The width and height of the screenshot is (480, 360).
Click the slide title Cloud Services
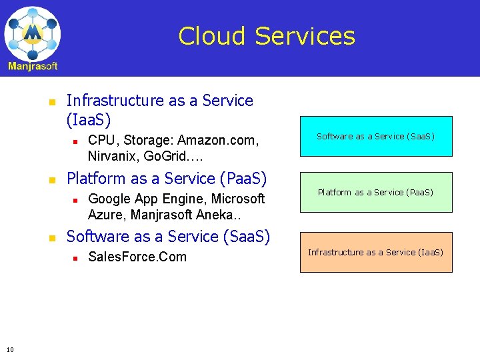point(267,35)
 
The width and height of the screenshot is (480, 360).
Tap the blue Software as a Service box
point(376,137)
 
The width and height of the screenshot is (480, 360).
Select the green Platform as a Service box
point(376,193)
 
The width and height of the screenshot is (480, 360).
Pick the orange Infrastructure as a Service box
point(376,253)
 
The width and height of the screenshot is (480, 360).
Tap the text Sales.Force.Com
point(137,257)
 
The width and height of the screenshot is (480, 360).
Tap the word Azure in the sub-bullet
point(107,215)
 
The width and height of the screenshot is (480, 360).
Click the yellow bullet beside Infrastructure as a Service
point(51,102)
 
